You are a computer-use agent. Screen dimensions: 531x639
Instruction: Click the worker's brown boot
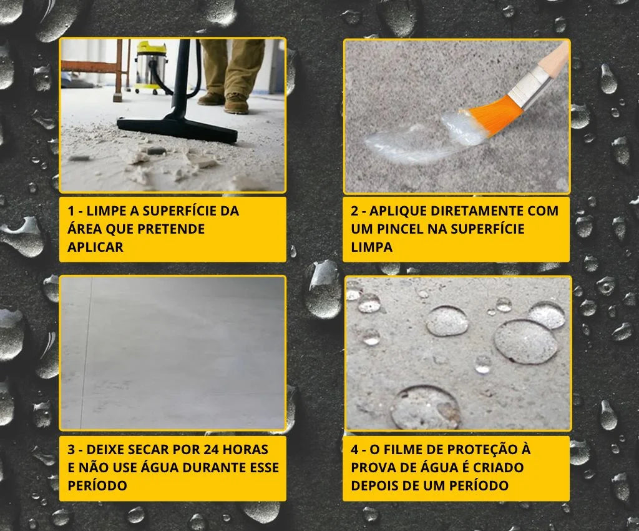coord(237,103)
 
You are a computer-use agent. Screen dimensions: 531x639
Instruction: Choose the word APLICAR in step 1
coord(95,247)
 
